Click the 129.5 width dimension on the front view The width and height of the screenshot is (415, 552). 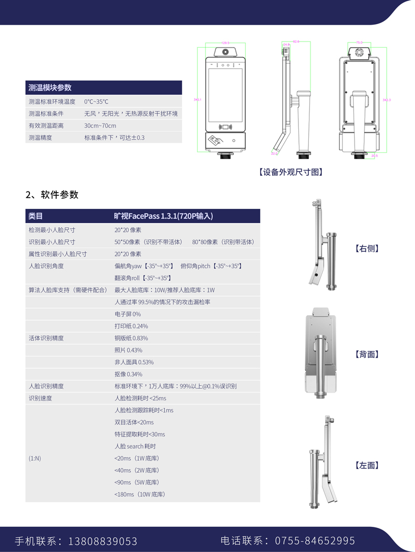point(225,43)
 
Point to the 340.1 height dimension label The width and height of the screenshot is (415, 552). point(198,99)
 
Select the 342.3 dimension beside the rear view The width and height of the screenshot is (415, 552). point(387,99)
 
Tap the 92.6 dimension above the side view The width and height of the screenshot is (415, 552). point(296,41)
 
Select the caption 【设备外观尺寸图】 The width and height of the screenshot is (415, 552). point(290,172)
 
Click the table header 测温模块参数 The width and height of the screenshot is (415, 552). point(50,88)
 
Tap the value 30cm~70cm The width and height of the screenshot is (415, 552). point(100,126)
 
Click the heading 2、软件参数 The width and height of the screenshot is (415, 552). point(52,195)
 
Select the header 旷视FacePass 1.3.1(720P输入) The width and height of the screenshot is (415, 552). point(163,216)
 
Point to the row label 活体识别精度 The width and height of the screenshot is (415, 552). point(46,338)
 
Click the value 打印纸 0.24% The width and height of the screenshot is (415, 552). point(131,326)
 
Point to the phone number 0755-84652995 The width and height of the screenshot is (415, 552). point(317,540)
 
